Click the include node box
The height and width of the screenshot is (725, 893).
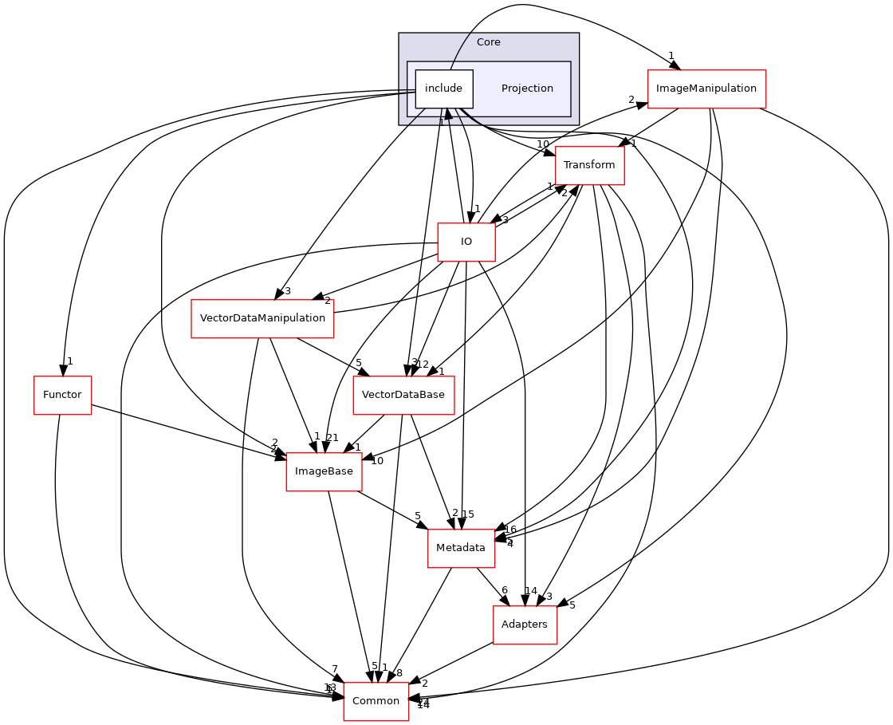(444, 89)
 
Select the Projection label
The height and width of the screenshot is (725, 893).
(527, 89)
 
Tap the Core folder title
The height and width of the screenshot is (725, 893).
(488, 42)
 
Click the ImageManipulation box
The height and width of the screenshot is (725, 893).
(706, 89)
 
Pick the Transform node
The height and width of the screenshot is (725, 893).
(589, 165)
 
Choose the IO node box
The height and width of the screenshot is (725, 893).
(466, 242)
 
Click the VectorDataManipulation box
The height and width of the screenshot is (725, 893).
(262, 318)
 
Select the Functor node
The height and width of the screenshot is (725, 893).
(63, 395)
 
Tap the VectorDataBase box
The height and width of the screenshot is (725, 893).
(403, 395)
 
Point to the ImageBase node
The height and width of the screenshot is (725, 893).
(324, 471)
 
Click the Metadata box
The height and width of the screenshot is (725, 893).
(461, 548)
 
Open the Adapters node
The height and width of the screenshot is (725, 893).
(524, 625)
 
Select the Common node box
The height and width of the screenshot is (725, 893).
(376, 701)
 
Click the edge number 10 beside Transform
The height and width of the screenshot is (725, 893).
(543, 144)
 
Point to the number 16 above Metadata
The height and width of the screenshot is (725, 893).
(510, 529)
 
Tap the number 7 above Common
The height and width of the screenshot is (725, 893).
(335, 668)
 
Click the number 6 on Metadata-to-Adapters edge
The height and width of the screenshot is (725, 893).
(504, 590)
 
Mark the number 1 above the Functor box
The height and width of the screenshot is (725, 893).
(69, 361)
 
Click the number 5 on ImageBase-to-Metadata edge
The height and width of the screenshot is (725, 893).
(417, 516)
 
